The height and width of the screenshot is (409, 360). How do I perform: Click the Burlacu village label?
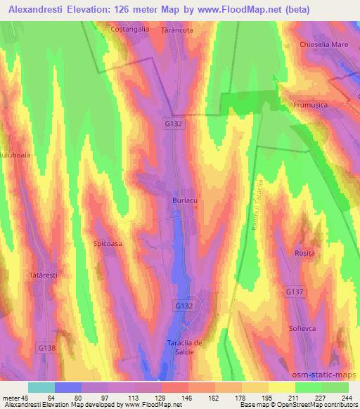pos(184,200)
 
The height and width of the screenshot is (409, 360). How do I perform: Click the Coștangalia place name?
pos(130,29)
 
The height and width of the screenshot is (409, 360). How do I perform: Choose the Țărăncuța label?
pos(176,31)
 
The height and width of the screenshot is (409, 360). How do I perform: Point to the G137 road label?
pos(295,291)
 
